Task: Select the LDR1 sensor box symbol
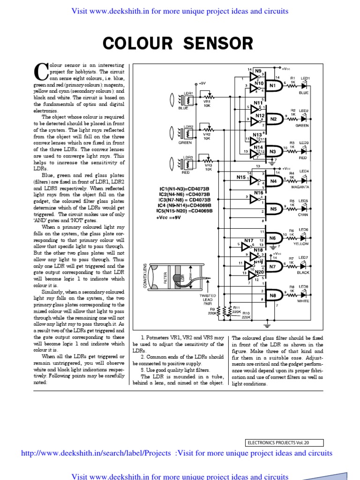(x=190, y=99)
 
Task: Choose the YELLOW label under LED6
(x=301, y=244)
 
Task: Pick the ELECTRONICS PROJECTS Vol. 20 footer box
(x=284, y=442)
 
